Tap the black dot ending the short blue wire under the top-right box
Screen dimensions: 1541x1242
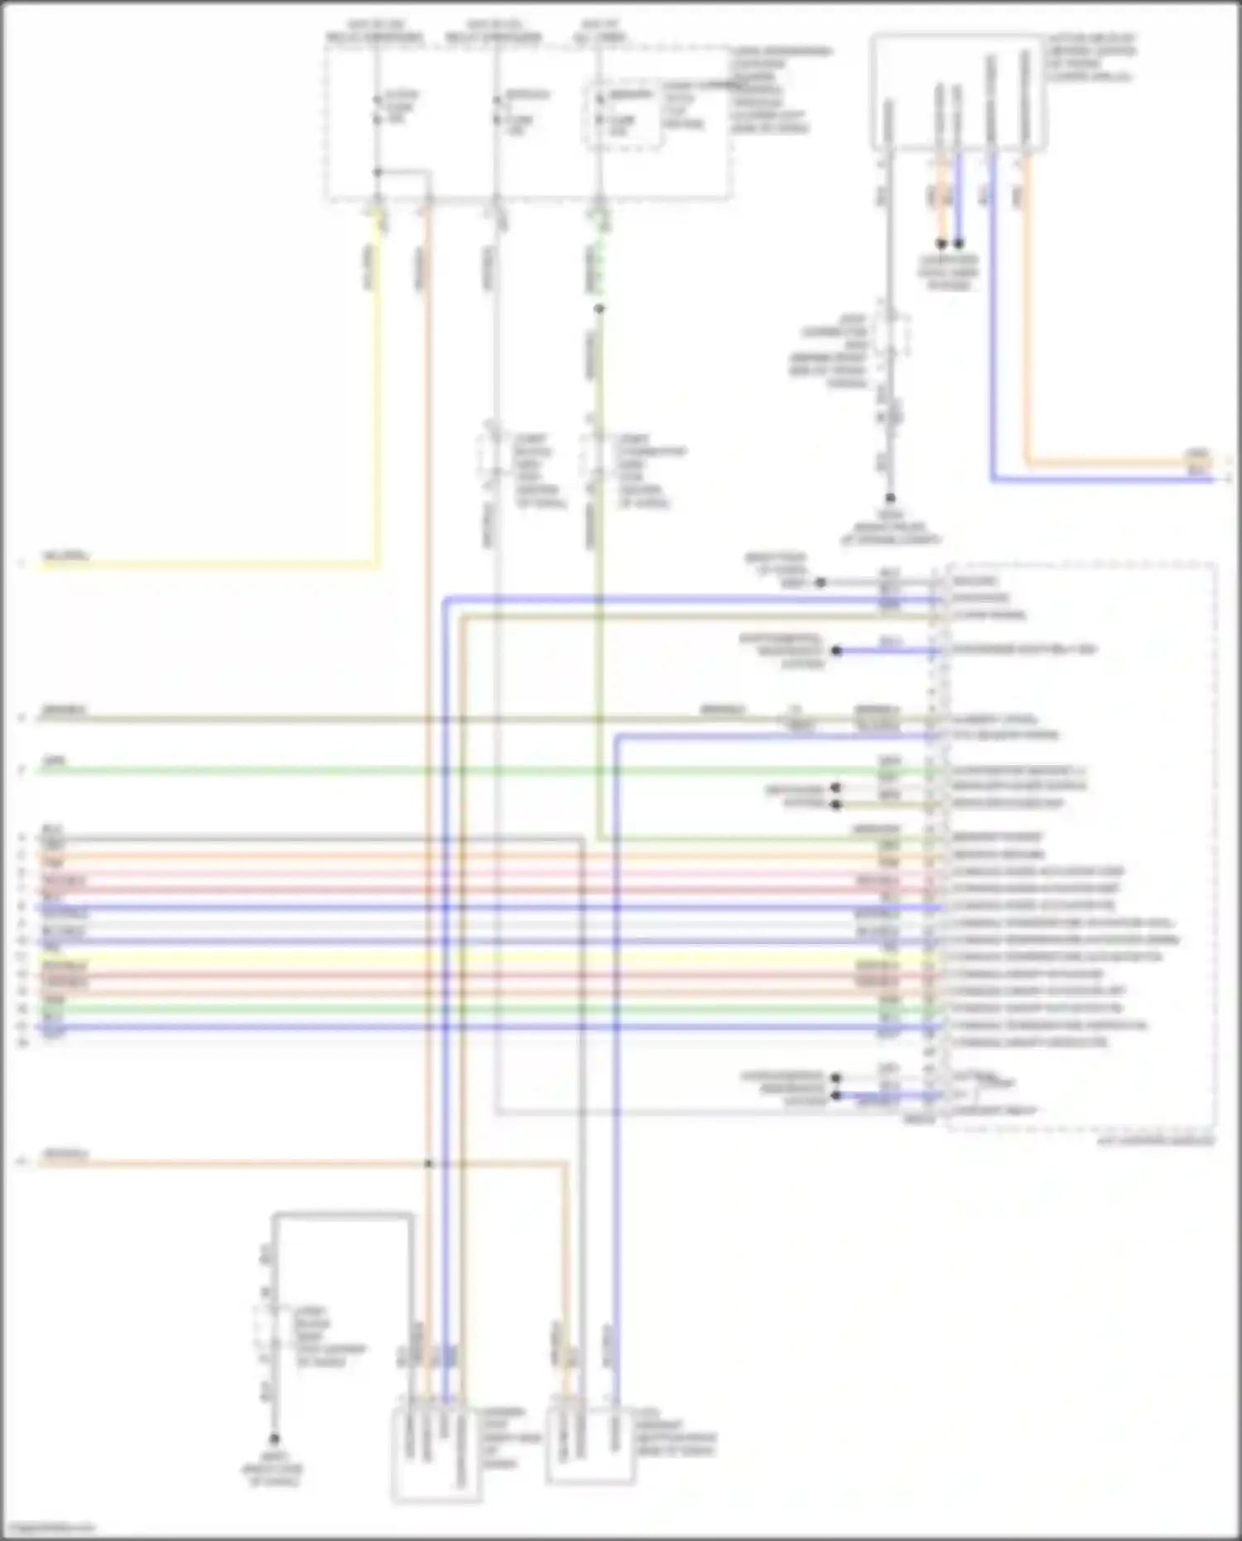(959, 244)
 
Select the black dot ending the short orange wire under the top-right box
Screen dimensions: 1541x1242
(941, 244)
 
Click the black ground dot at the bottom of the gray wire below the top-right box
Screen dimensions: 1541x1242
(890, 498)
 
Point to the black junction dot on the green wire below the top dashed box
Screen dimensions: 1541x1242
(599, 309)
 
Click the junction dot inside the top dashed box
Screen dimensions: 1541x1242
(377, 172)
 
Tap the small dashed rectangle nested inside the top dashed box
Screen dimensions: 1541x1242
(624, 115)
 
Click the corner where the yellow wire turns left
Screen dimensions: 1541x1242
(378, 566)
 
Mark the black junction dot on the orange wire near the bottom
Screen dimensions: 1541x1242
(429, 1164)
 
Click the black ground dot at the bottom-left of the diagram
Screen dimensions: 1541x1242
(274, 1439)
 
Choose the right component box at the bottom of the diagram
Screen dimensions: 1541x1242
(590, 1445)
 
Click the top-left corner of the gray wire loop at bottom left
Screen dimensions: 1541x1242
(275, 1216)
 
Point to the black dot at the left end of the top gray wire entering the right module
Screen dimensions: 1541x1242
(821, 583)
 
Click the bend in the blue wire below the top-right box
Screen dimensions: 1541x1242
(993, 479)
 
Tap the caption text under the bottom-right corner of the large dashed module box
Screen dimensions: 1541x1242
(1156, 1141)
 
